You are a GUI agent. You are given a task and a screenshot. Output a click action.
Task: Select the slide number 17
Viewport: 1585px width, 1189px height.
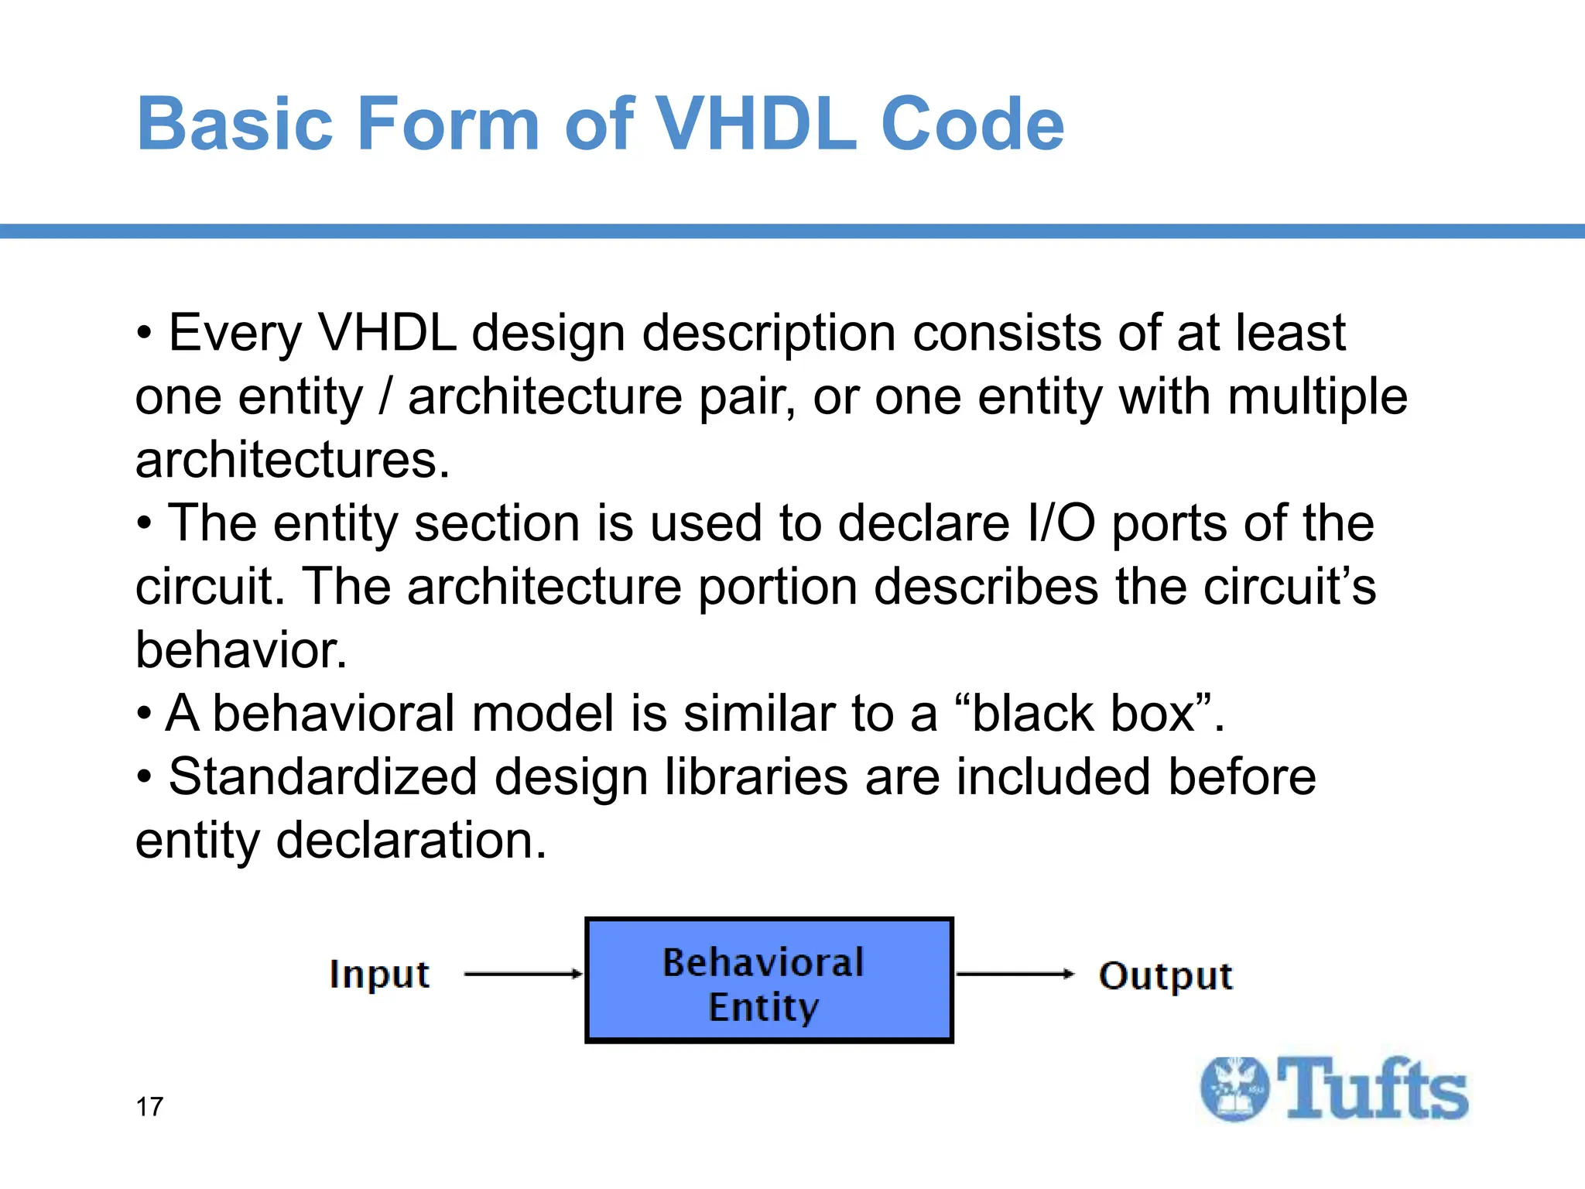click(x=149, y=1107)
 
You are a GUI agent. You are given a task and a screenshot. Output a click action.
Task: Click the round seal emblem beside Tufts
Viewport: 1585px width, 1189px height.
click(x=1235, y=1088)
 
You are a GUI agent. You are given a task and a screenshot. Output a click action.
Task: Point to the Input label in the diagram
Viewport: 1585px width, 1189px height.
click(x=379, y=974)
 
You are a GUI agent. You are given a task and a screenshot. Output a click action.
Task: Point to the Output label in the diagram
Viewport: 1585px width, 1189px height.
click(x=1165, y=975)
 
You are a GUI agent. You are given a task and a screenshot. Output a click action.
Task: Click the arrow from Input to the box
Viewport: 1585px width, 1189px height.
click(x=523, y=974)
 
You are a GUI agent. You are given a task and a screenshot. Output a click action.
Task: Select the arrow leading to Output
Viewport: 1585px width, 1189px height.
click(x=1015, y=974)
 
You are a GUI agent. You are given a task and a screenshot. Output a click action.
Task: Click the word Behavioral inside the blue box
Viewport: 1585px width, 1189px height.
click(x=763, y=963)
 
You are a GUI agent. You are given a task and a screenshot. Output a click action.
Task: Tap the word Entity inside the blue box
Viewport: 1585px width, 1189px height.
click(x=763, y=1008)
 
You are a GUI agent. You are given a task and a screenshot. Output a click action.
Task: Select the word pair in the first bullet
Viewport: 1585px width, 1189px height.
click(x=746, y=398)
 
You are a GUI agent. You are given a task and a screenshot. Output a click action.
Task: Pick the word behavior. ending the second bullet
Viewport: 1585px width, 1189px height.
click(x=241, y=650)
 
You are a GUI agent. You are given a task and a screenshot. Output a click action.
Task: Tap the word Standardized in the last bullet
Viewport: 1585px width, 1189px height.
click(x=323, y=777)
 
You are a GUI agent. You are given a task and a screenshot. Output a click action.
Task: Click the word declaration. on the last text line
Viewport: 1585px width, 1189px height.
click(x=411, y=841)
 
